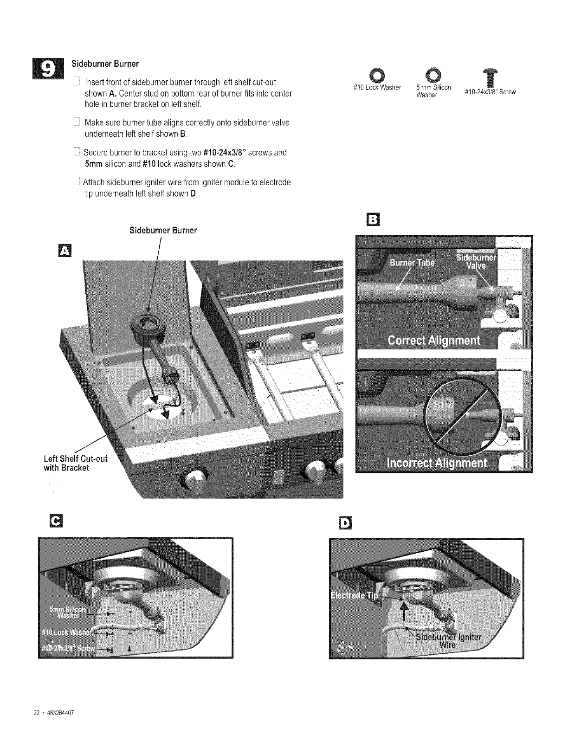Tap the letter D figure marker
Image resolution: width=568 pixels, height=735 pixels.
click(347, 523)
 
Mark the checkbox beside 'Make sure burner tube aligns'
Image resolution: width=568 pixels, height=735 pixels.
click(77, 123)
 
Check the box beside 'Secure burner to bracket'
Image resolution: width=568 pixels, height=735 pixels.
click(77, 152)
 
